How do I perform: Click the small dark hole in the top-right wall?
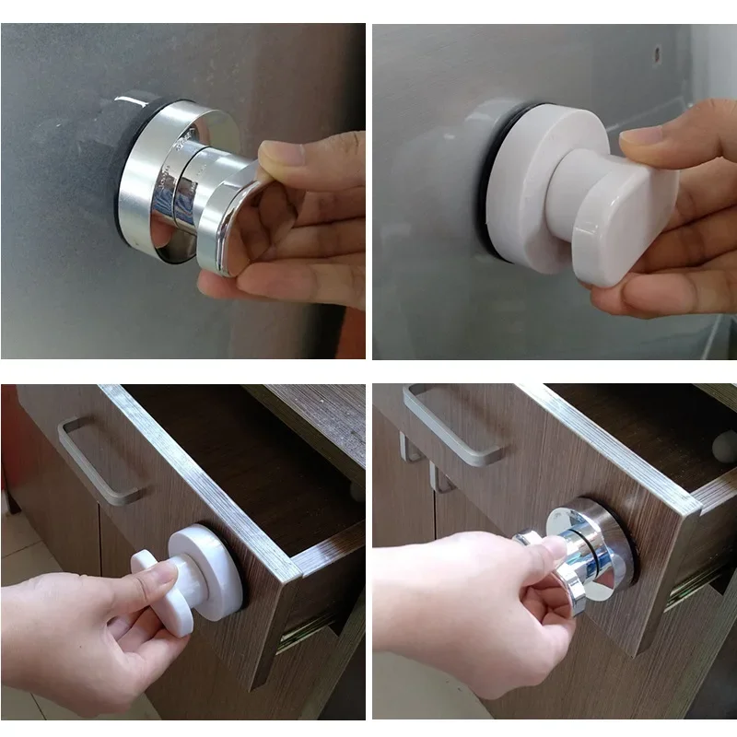657,43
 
